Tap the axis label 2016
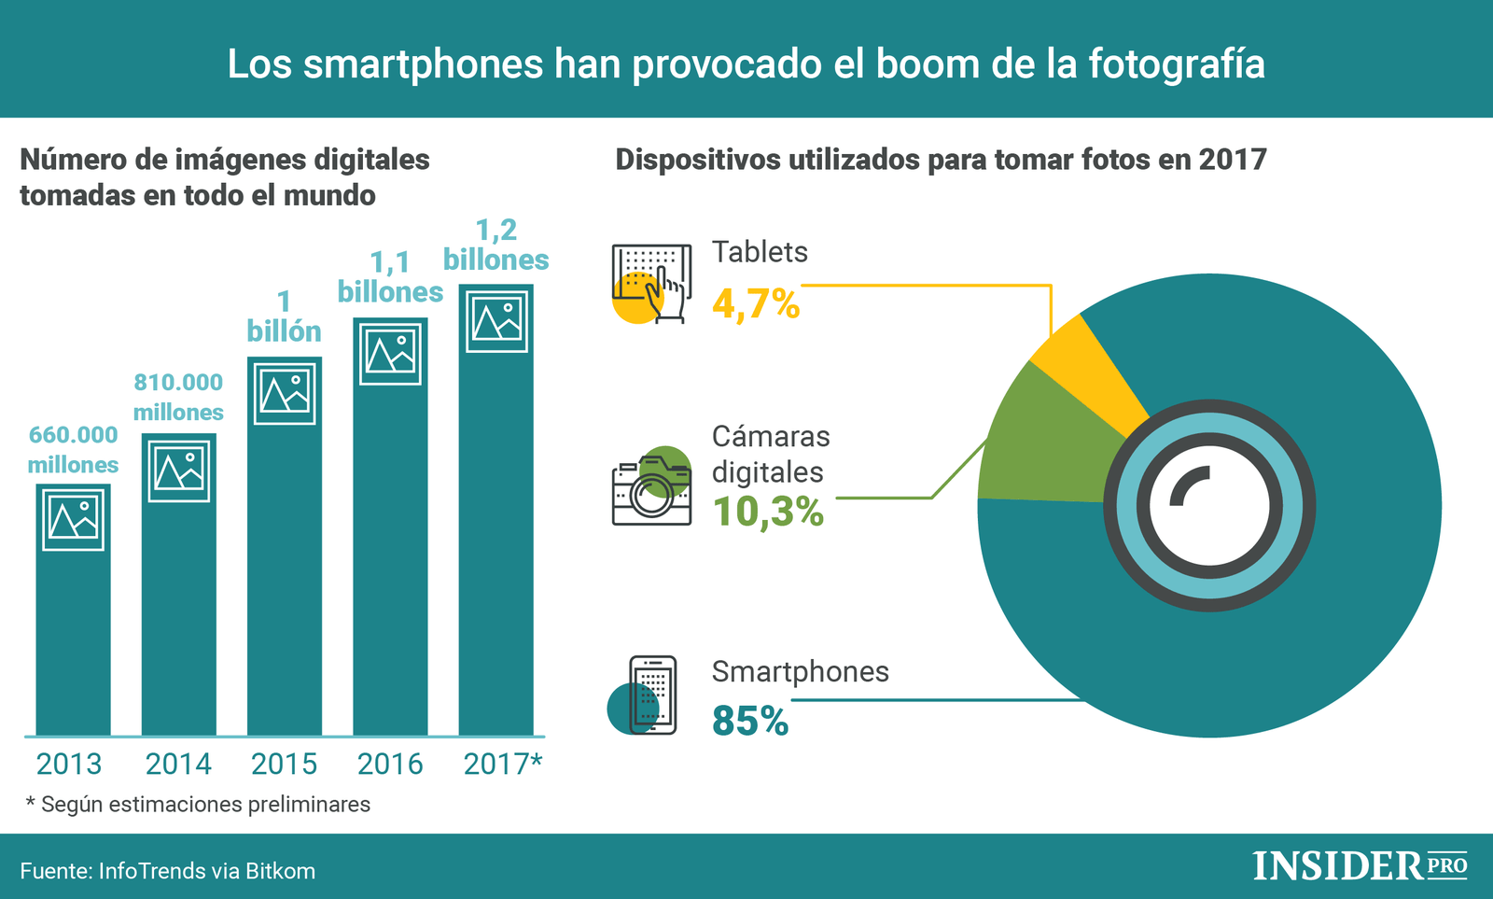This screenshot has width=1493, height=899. [x=390, y=764]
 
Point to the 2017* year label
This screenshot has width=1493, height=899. [x=502, y=764]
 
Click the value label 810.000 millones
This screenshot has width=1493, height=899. [x=178, y=397]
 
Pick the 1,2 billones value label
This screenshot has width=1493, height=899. [x=495, y=245]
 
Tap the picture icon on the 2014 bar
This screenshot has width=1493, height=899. [x=179, y=471]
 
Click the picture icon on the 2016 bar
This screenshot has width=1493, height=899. [x=390, y=354]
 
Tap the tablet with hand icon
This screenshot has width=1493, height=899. [x=651, y=284]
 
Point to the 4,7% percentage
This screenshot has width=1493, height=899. [x=756, y=304]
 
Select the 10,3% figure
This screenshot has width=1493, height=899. [x=768, y=512]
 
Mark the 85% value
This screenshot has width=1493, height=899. [x=750, y=721]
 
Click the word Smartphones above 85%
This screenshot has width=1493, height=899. [x=800, y=671]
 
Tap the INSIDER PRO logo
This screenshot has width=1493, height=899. [x=1360, y=865]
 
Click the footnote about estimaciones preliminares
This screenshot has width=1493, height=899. [x=198, y=804]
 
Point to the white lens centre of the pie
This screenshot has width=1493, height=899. [x=1209, y=505]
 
